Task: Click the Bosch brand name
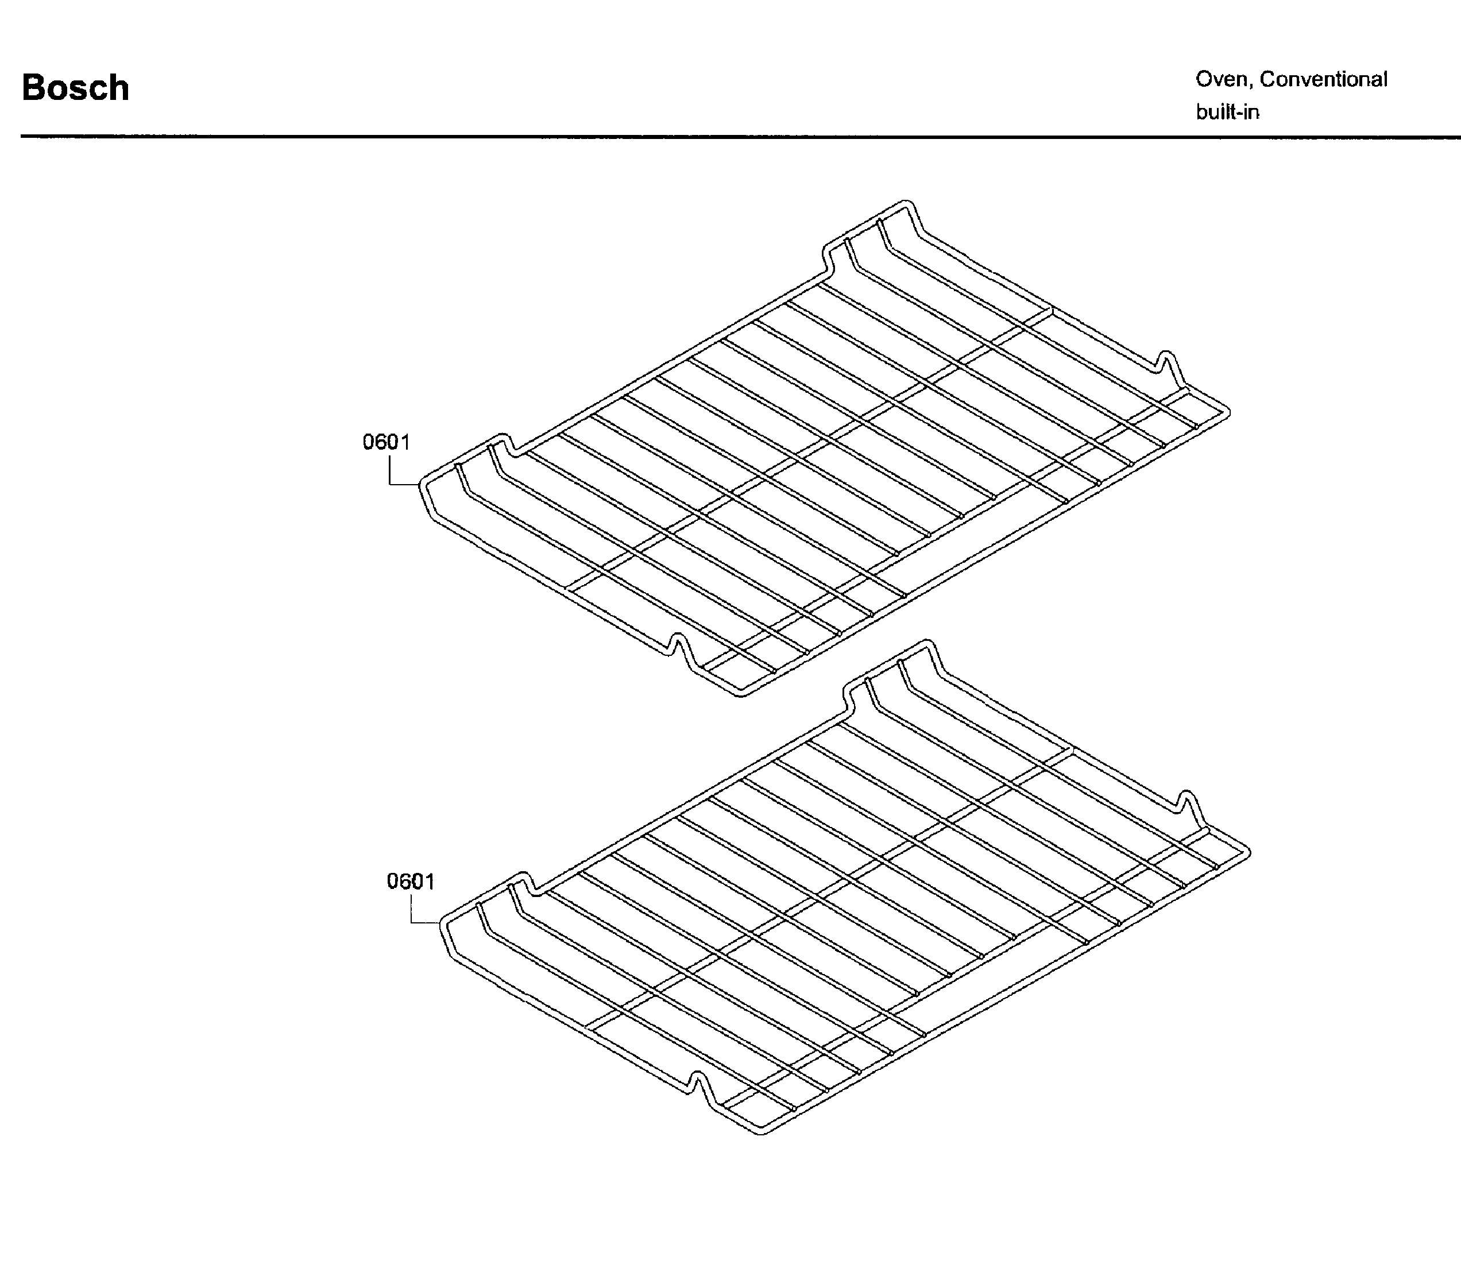pyautogui.click(x=76, y=88)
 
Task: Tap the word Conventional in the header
pyautogui.click(x=1323, y=79)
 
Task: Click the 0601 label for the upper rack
pyautogui.click(x=386, y=442)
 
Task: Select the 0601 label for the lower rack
pyautogui.click(x=411, y=882)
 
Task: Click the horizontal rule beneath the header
pyautogui.click(x=741, y=137)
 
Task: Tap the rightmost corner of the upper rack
pyautogui.click(x=1229, y=412)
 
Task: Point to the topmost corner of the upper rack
pyautogui.click(x=905, y=202)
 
